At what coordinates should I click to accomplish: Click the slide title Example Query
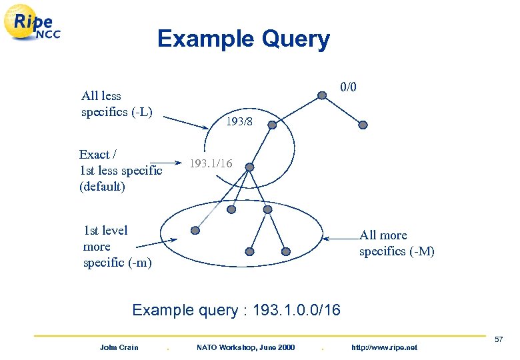point(243,39)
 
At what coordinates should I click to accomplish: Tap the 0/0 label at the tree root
point(349,87)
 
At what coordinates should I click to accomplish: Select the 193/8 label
point(239,122)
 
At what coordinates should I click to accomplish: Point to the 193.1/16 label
point(211,163)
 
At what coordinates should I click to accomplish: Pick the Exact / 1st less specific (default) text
point(120,170)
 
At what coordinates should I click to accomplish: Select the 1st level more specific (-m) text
point(117,247)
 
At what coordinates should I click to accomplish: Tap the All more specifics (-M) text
point(397,243)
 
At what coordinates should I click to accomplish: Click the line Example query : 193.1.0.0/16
point(236,310)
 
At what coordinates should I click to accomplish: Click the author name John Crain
point(119,347)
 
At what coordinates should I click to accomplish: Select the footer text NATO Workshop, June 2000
point(245,347)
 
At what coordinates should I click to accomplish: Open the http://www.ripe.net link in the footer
point(383,347)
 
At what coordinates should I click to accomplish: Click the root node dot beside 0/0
point(322,95)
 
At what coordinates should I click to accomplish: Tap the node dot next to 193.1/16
point(247,167)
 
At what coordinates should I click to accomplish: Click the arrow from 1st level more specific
point(167,239)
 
